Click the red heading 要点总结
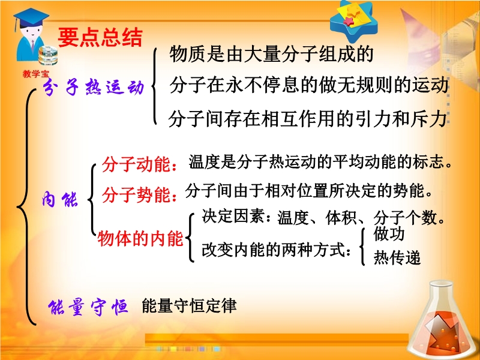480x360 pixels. click(x=100, y=38)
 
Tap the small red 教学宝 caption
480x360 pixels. click(x=35, y=74)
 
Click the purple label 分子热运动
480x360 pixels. click(x=94, y=86)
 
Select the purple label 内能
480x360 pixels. click(x=59, y=200)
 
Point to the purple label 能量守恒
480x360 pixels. click(x=88, y=306)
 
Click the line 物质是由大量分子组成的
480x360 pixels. click(x=272, y=54)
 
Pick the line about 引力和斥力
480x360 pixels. click(x=307, y=118)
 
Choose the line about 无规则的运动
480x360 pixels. click(x=309, y=85)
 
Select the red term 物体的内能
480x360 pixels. click(x=140, y=238)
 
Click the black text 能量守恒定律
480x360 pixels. click(x=189, y=305)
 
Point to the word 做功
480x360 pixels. click(x=389, y=234)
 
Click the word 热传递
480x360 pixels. click(x=397, y=258)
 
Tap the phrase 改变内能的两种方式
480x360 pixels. click(x=276, y=250)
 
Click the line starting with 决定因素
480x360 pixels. click(x=323, y=218)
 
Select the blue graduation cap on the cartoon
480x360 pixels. click(x=31, y=17)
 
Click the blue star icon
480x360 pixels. click(x=354, y=20)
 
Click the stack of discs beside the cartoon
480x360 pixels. click(x=48, y=55)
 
